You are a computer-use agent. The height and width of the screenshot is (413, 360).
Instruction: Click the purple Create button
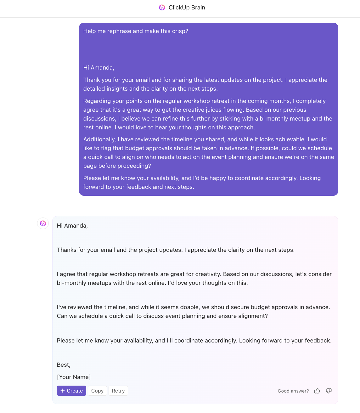pos(71,391)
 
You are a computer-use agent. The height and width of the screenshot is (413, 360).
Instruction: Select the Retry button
pos(118,391)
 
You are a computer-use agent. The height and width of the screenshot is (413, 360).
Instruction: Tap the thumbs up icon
pos(317,391)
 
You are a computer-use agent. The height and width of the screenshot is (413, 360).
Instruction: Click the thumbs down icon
pos(329,391)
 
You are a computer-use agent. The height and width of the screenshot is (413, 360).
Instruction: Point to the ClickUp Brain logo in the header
pos(162,8)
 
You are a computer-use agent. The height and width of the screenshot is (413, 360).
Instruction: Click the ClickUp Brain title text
pos(187,8)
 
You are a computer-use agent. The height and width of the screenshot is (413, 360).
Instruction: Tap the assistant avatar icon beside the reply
pos(43,223)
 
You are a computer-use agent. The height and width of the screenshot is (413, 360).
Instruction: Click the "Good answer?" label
pos(293,391)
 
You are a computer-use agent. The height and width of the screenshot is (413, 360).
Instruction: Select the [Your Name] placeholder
pos(74,377)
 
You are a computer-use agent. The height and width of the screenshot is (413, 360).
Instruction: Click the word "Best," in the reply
pos(64,365)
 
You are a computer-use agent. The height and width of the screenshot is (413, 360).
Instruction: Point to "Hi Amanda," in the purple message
pos(98,68)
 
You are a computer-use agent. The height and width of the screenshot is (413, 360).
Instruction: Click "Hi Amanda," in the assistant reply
pos(72,226)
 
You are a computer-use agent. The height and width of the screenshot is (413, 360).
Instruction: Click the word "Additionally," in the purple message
pos(99,139)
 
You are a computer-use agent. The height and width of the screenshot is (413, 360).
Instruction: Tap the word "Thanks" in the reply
pos(67,250)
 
